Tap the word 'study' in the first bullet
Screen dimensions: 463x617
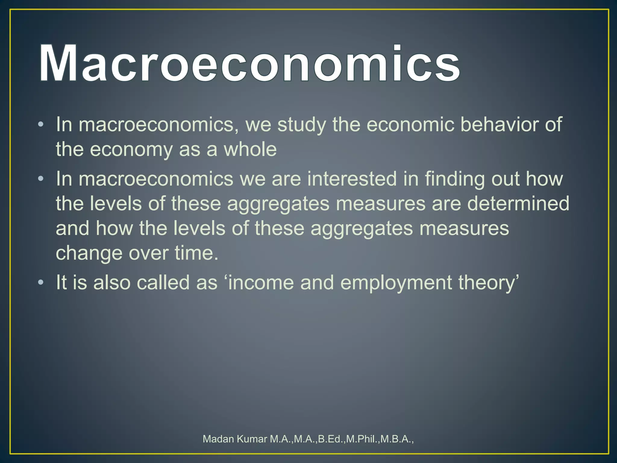302,125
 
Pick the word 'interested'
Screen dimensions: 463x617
352,179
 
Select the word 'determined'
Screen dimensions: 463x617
518,203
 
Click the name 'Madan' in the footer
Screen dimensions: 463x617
218,439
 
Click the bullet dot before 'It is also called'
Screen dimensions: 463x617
41,282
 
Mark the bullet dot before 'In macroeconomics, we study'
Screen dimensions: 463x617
41,124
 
